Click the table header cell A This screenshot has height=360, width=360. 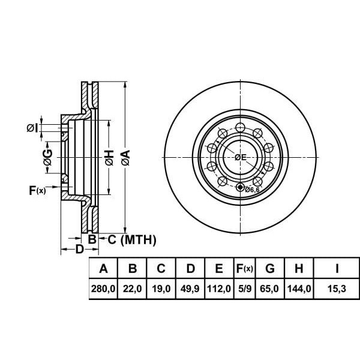point(103,269)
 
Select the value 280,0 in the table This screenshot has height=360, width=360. point(103,289)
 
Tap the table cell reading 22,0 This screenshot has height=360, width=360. point(133,289)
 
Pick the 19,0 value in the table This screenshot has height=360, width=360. point(161,289)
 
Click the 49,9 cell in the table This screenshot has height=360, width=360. point(190,289)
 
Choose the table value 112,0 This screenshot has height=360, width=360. point(219,289)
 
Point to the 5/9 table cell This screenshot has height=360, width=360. point(244,289)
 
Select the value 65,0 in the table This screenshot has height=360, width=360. point(271,289)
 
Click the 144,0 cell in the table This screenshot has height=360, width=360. point(299,289)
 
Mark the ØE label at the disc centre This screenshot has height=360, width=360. point(241,157)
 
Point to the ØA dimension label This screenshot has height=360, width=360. point(125,158)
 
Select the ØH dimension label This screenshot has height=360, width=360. point(109,158)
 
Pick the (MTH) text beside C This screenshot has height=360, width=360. point(138,241)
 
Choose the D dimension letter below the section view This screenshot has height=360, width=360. point(79,250)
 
